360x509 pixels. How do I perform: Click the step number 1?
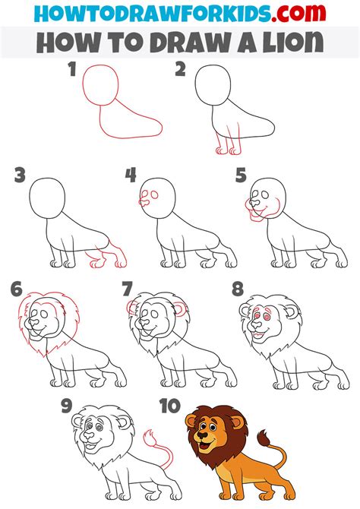pos(72,69)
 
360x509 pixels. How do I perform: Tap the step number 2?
pos(181,69)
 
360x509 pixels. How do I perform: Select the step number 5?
pos(241,175)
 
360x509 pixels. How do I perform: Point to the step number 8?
pos(238,289)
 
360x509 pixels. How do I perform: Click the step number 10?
pos(170,406)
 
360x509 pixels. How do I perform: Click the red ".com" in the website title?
pos(298,13)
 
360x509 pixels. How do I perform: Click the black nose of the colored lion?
pos(203,435)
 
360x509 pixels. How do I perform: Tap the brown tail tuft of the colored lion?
pos(264,438)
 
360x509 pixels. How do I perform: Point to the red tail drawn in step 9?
pos(159,448)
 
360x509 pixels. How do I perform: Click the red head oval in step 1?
pos(100,85)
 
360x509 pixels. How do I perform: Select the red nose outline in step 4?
pos(144,203)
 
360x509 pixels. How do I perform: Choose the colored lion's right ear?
pos(237,422)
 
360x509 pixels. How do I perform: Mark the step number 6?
pos(16,289)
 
